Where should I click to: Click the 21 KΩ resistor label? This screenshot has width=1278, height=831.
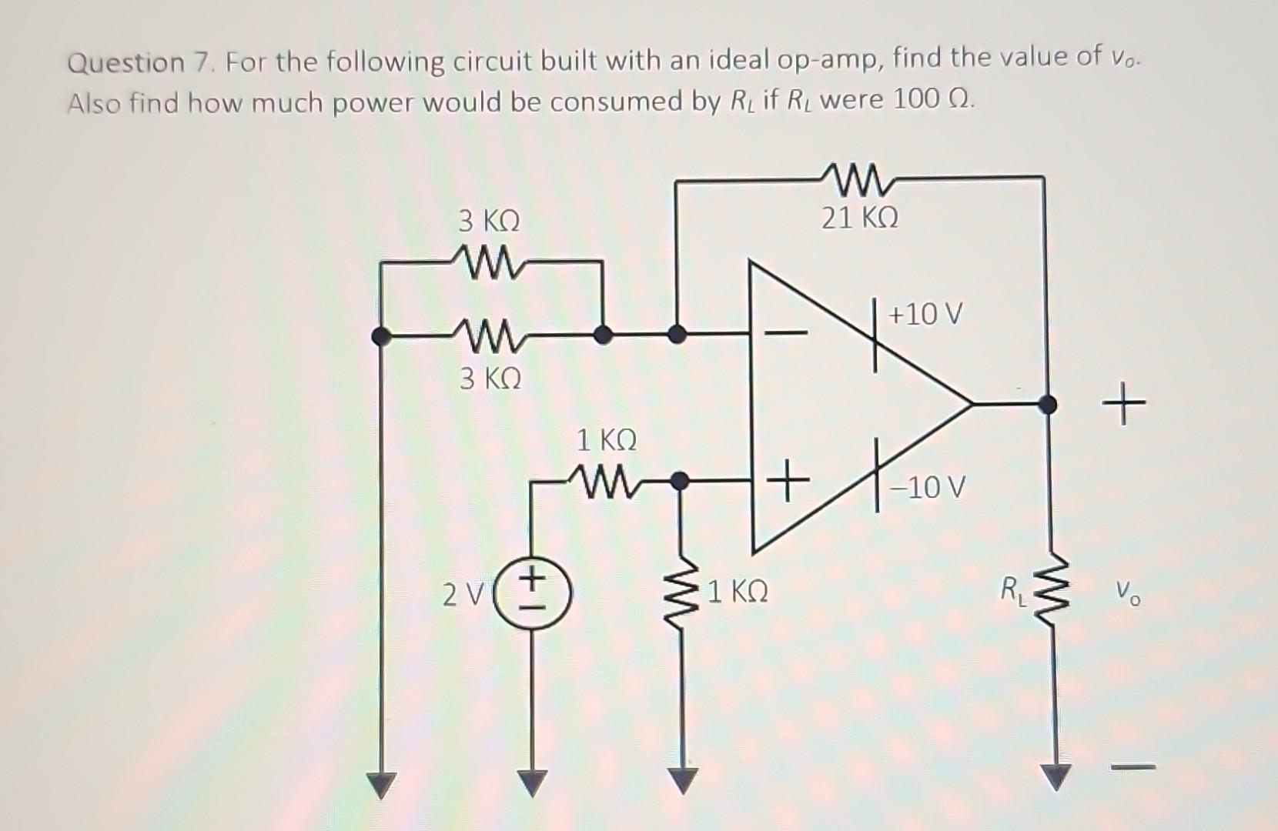[x=859, y=219]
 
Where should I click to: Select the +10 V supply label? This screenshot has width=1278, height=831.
[x=925, y=314]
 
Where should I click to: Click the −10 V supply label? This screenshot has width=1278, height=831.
[x=931, y=488]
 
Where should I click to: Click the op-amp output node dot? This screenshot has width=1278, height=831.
[x=1047, y=403]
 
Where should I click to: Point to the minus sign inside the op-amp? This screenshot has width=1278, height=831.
[x=785, y=333]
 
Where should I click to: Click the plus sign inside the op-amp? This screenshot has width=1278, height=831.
[x=787, y=483]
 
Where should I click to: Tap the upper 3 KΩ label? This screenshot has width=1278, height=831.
[x=490, y=222]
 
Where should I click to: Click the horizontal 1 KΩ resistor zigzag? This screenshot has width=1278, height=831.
[x=604, y=482]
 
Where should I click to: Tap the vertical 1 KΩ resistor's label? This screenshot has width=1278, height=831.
[x=737, y=592]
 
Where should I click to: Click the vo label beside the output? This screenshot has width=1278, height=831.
[x=1128, y=594]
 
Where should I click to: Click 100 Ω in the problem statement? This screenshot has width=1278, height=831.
[x=933, y=100]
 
